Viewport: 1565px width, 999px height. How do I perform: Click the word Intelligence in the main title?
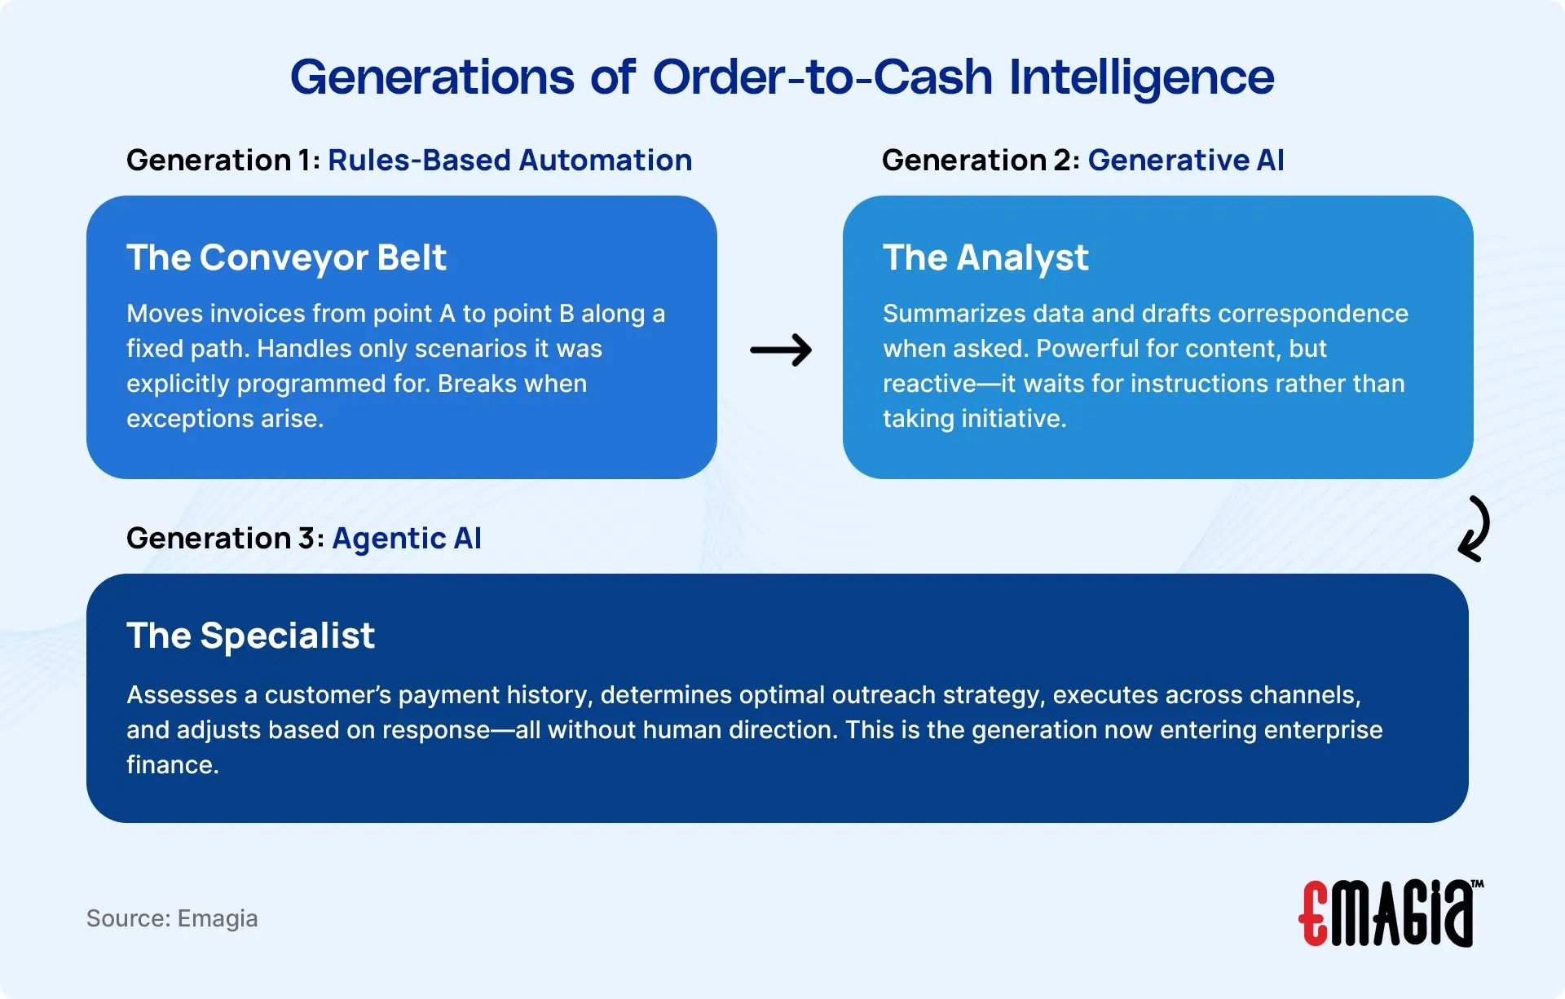tap(1141, 77)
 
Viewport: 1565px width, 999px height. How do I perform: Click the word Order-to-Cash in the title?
tap(822, 77)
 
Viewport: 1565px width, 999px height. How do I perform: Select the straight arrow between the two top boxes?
tap(780, 350)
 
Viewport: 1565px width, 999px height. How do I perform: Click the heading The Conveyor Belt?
tap(286, 257)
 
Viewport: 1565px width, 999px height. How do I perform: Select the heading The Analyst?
tap(985, 257)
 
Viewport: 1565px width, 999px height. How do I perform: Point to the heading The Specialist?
tap(250, 636)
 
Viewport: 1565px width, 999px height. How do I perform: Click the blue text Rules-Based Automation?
tap(509, 161)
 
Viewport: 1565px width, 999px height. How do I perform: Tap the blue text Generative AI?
tap(1185, 161)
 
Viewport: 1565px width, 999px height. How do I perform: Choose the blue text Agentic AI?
tap(407, 539)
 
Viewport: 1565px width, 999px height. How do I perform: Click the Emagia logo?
tap(1391, 913)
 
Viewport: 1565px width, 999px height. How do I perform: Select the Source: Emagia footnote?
tap(172, 918)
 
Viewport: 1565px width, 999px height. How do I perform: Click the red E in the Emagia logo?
tap(1314, 914)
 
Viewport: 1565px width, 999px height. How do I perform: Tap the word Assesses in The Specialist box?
tap(182, 695)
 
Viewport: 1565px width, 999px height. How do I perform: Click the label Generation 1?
tap(223, 161)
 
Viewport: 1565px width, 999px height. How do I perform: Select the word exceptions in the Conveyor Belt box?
tap(190, 419)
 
